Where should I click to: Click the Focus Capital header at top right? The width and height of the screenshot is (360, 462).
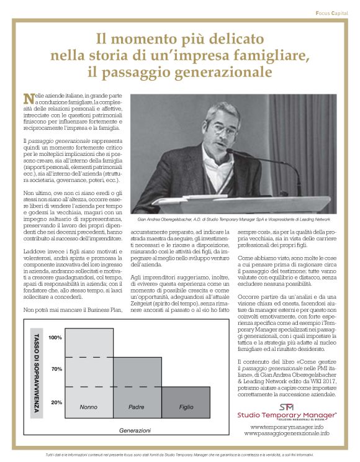331,12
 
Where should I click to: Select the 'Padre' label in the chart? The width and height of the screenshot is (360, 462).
137,407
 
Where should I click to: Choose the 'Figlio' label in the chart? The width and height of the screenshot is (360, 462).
186,407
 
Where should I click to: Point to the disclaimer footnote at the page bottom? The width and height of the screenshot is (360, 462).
180,456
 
